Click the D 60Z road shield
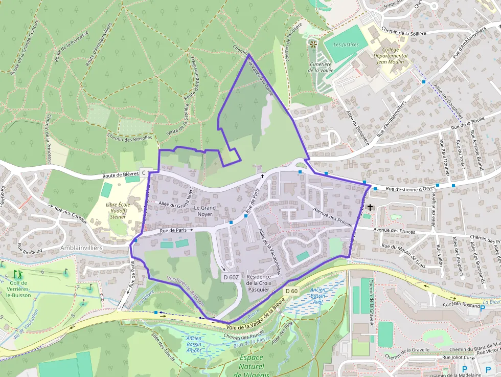(231, 277)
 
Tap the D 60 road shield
(291, 291)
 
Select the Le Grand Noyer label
(204, 211)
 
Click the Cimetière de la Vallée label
(321, 68)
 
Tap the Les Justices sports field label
(346, 45)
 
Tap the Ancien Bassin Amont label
(194, 344)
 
